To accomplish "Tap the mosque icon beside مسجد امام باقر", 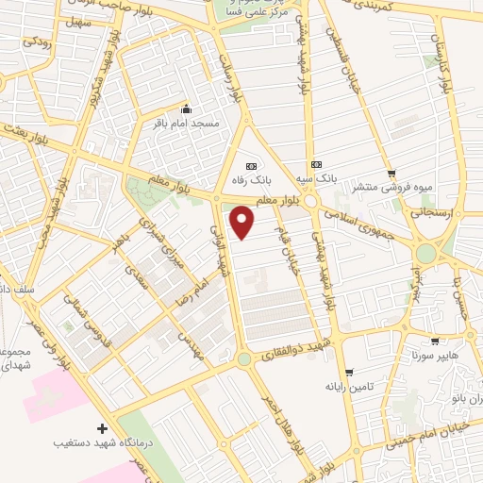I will click(x=186, y=108).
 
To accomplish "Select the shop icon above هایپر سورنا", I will click(x=434, y=341).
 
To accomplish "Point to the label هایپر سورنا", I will click(x=434, y=357).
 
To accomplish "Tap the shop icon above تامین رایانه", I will click(x=349, y=372).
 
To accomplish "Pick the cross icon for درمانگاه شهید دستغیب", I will click(x=102, y=427).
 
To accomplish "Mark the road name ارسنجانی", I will click(x=431, y=213).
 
